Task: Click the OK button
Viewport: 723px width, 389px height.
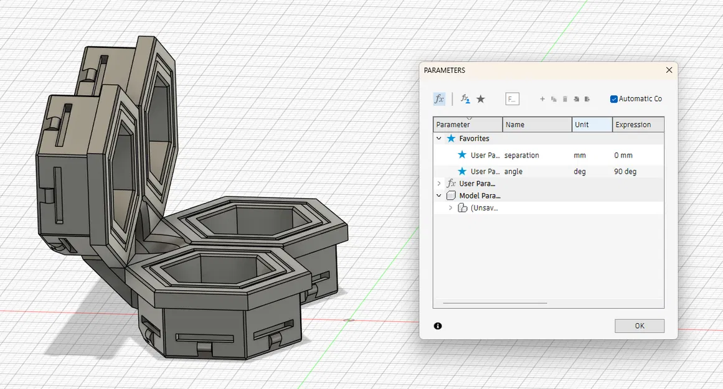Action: pyautogui.click(x=639, y=326)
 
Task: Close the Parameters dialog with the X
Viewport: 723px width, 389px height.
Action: pyautogui.click(x=669, y=70)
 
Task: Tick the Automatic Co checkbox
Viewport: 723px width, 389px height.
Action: pyautogui.click(x=614, y=99)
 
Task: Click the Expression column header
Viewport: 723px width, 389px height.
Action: pyautogui.click(x=633, y=124)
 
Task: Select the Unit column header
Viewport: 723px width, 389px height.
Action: pyautogui.click(x=582, y=124)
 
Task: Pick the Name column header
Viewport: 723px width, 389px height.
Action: pyautogui.click(x=515, y=124)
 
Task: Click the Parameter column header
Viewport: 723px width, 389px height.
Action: pyautogui.click(x=453, y=124)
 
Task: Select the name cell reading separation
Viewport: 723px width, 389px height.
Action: pyautogui.click(x=522, y=155)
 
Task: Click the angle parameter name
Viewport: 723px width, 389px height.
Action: pyautogui.click(x=514, y=171)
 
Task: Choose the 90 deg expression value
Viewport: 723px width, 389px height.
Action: pyautogui.click(x=625, y=171)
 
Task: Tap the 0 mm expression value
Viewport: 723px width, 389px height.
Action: pyautogui.click(x=623, y=155)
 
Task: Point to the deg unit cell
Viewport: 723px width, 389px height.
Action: pyautogui.click(x=580, y=171)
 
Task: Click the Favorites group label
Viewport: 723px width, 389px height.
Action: pyautogui.click(x=474, y=138)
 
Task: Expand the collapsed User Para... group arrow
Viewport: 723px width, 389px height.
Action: pyautogui.click(x=439, y=184)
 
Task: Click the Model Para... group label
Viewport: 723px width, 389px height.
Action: pyautogui.click(x=478, y=195)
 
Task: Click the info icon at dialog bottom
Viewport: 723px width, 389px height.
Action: pyautogui.click(x=438, y=326)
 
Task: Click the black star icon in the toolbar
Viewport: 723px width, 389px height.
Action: pyautogui.click(x=481, y=99)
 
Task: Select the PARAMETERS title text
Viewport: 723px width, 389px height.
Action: pyautogui.click(x=445, y=70)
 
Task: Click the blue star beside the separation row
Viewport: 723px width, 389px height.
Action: pyautogui.click(x=462, y=155)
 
